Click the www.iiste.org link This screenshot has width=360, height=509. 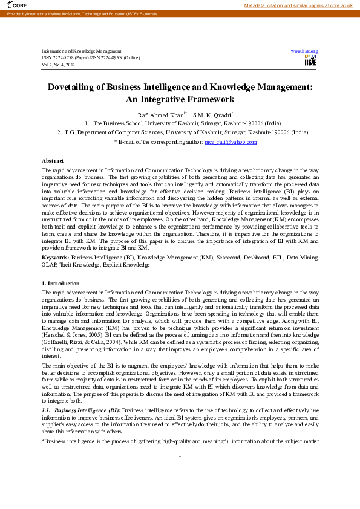click(x=304, y=51)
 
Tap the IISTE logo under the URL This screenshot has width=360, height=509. click(x=310, y=60)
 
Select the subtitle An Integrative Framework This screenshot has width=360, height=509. click(x=180, y=99)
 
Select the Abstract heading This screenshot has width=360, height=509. click(x=53, y=160)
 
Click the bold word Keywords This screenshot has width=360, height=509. click(x=55, y=257)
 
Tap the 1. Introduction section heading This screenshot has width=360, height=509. click(x=60, y=284)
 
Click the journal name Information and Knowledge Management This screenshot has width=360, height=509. click(x=81, y=51)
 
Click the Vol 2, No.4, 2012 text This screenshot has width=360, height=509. click(x=58, y=64)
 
